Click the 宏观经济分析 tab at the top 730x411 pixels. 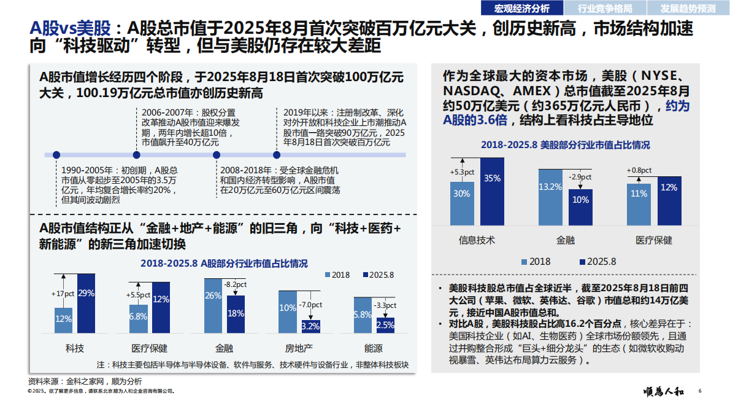[522, 8]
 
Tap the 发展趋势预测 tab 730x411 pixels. [687, 8]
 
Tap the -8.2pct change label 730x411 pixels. [235, 284]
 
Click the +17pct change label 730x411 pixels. [64, 294]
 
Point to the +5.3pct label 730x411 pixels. [463, 172]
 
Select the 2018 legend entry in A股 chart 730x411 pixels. [337, 275]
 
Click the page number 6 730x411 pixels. [700, 391]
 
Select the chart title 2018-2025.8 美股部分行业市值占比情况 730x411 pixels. [565, 145]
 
